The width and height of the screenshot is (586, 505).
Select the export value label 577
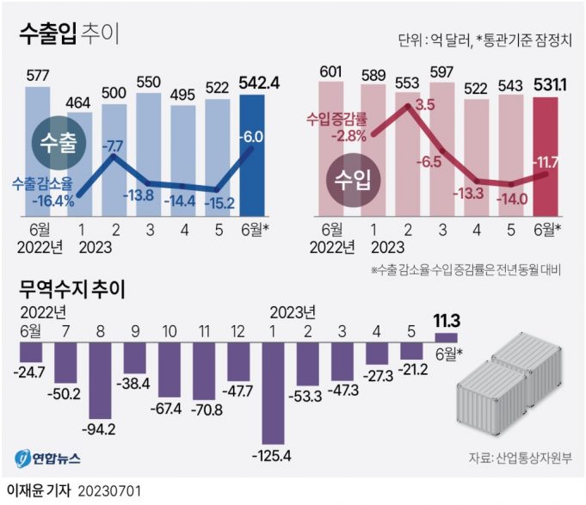(37, 75)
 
